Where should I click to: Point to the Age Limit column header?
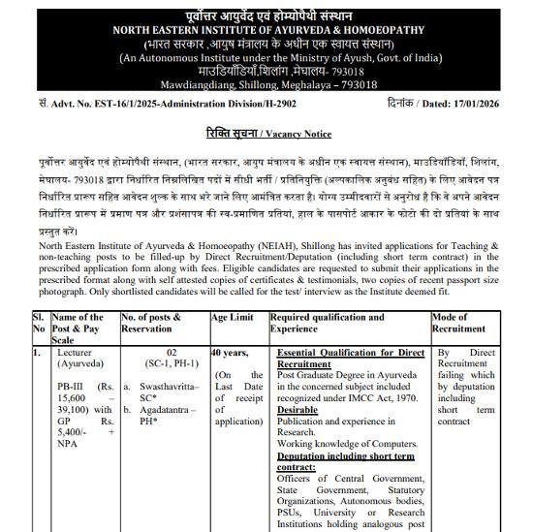pos(235,317)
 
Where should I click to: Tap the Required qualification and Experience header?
pos(328,323)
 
